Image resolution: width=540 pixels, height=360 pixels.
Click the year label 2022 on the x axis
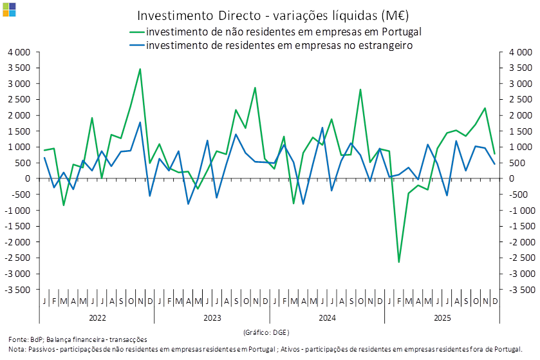97,318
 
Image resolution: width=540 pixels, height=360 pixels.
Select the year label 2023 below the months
212,318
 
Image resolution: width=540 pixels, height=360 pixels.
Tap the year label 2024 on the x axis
327,318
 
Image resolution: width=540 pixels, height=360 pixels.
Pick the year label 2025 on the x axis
442,318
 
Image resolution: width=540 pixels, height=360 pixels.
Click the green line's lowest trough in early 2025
399,261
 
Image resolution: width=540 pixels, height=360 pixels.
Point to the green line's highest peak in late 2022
140,69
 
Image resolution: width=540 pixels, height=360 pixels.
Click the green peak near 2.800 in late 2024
360,90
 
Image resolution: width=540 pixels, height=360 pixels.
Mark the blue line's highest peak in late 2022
140,122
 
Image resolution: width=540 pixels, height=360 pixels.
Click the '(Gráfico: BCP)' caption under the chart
266,332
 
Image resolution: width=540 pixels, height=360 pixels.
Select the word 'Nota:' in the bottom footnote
17,349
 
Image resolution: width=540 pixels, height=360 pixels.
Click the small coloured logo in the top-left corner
9,8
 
